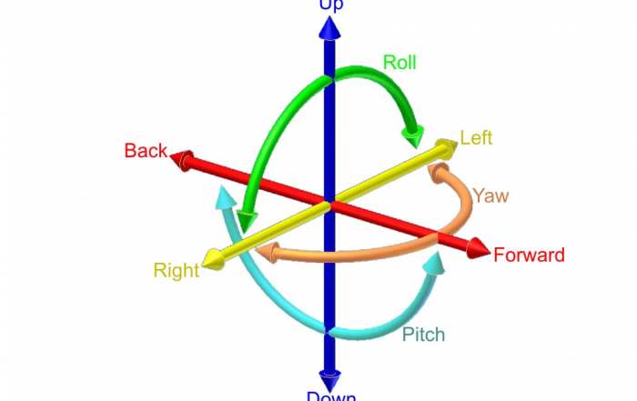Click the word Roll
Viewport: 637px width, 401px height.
(x=399, y=63)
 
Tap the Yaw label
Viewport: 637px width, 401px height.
(x=490, y=195)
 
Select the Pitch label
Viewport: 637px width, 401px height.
(x=423, y=335)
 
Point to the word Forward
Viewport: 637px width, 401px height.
(x=529, y=256)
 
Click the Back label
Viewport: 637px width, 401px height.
(x=146, y=151)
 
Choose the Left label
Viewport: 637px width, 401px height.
(x=476, y=138)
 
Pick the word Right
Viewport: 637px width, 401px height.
(x=176, y=270)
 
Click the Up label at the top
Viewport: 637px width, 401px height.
(x=330, y=5)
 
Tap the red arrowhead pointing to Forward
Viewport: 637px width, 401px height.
(x=478, y=246)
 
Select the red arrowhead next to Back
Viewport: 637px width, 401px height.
(x=181, y=161)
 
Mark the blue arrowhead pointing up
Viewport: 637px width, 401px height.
(x=330, y=27)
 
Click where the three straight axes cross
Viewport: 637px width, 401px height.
(x=330, y=203)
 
